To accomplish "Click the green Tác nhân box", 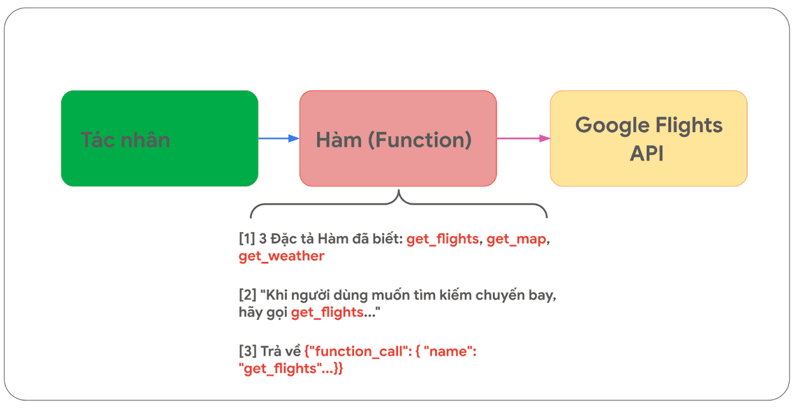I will (x=159, y=138).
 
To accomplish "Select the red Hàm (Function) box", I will (x=398, y=138).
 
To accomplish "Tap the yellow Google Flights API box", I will (x=648, y=138).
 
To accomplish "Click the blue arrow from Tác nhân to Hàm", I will (x=278, y=138).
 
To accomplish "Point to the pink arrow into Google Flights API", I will (x=523, y=138).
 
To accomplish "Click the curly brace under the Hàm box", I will (x=398, y=205).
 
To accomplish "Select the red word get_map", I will (x=516, y=239).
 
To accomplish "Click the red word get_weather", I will (x=281, y=256).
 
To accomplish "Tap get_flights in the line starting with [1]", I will (x=443, y=239).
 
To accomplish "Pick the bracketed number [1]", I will (x=246, y=239).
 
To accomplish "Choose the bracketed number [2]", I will (x=247, y=296).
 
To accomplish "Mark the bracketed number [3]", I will (x=247, y=351).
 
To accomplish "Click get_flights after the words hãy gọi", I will (x=327, y=312).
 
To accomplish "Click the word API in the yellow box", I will (x=647, y=153).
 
